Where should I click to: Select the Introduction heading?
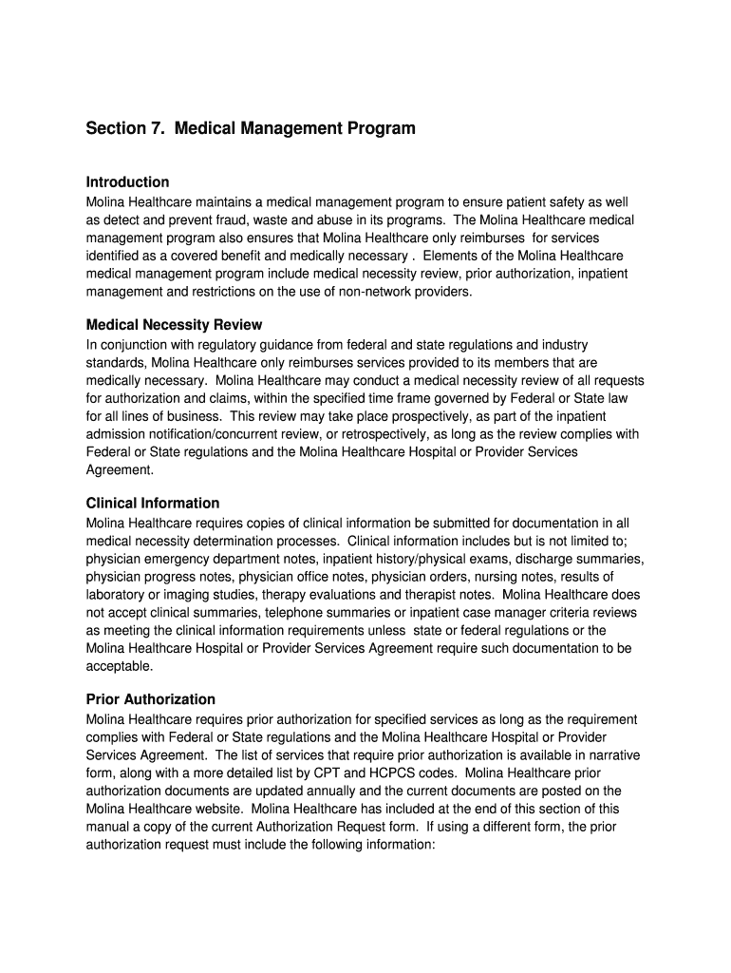[127, 181]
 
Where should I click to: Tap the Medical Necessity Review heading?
[174, 325]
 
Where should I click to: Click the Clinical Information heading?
[152, 504]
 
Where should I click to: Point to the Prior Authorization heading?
[150, 699]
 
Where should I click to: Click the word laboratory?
[116, 595]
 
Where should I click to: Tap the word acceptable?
[120, 666]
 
